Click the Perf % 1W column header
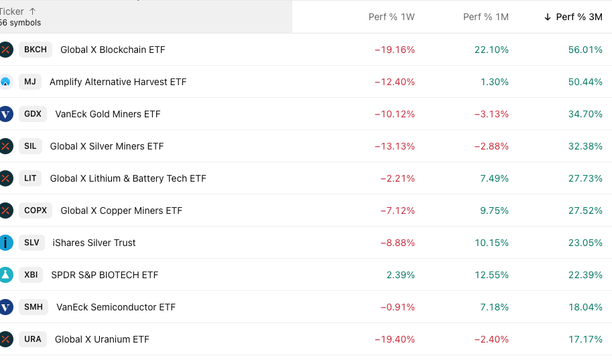(x=391, y=17)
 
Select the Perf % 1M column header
(x=485, y=17)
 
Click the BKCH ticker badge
(x=36, y=50)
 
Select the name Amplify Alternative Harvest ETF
(x=118, y=82)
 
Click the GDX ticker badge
(x=33, y=114)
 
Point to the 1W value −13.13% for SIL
(x=394, y=146)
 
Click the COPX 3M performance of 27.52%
(x=585, y=211)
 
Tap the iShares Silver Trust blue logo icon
(x=6, y=243)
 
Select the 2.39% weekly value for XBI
(x=401, y=275)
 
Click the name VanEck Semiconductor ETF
(x=116, y=307)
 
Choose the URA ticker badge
(x=33, y=339)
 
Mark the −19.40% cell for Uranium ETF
(x=394, y=339)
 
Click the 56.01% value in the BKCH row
(x=585, y=50)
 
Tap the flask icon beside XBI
(x=6, y=275)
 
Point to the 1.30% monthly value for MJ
(x=495, y=82)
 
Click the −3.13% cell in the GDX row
(x=491, y=114)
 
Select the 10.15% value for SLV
(x=492, y=243)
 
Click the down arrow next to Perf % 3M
(x=548, y=17)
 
